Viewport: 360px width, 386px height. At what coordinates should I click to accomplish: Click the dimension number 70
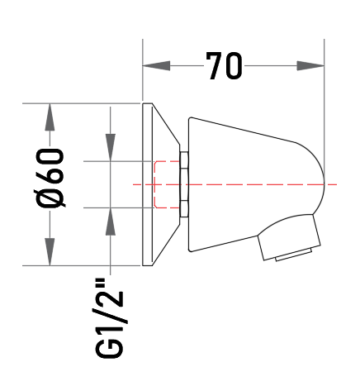[x=225, y=66]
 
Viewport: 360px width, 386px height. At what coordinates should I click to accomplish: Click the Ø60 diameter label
[x=50, y=178]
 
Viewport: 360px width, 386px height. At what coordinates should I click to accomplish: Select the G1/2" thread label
[x=110, y=318]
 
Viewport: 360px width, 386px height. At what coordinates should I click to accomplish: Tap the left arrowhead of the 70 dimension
[x=156, y=66]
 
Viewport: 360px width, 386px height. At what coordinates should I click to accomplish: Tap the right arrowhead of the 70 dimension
[x=310, y=66]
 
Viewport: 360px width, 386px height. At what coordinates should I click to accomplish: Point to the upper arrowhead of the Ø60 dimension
[x=50, y=117]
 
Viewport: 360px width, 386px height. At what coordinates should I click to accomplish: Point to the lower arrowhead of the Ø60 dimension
[x=50, y=252]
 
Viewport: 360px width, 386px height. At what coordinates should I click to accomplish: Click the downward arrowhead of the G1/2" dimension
[x=111, y=147]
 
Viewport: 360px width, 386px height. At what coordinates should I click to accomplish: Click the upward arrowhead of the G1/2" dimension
[x=111, y=222]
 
